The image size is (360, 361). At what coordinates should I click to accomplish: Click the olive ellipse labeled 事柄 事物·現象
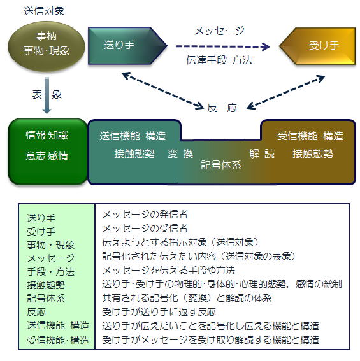tap(47, 46)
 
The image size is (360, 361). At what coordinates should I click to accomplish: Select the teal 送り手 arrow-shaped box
tap(127, 46)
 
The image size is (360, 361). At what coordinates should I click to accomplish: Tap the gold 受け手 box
tap(317, 46)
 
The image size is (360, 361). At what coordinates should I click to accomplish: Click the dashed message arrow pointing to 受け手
tap(223, 46)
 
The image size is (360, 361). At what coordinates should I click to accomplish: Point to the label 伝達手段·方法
tap(219, 60)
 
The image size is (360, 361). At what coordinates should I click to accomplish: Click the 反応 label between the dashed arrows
tap(222, 108)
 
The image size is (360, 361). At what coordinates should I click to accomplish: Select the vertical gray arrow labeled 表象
tap(47, 96)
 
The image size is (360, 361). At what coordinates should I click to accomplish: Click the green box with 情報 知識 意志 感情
tap(48, 152)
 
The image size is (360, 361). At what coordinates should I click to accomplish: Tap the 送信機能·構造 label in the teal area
tap(133, 136)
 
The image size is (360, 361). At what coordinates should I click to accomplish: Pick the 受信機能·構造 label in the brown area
tap(310, 136)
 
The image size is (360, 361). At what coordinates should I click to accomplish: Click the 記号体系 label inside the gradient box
tap(221, 165)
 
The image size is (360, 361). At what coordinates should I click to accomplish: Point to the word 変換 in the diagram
tap(180, 153)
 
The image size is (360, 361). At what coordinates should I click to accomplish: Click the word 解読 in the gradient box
tap(262, 153)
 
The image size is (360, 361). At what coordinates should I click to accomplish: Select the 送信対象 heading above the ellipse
tap(44, 11)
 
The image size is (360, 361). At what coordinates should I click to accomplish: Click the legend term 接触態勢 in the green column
tap(46, 285)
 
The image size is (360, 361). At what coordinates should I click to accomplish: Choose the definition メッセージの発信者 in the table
tap(145, 215)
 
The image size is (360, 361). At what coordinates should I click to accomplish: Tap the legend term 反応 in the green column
tap(36, 312)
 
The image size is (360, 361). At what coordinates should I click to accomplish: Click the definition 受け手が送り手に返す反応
tap(159, 312)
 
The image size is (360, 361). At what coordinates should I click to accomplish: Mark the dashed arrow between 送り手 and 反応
tap(162, 90)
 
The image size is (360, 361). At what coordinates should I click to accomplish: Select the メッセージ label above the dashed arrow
tap(219, 31)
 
